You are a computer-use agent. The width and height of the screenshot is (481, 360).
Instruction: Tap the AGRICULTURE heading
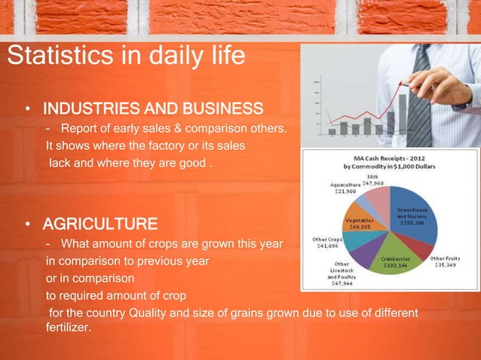[x=100, y=224]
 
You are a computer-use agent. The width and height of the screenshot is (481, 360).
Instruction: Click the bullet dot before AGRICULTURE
[x=28, y=224]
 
